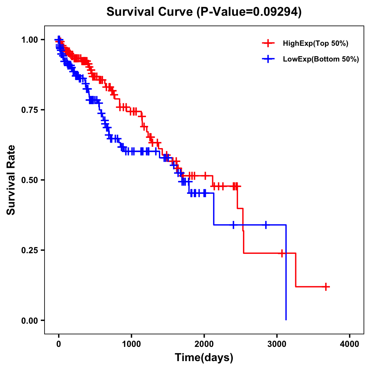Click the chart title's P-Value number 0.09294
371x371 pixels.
276,12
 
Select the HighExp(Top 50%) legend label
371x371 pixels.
316,44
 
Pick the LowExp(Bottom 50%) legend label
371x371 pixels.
321,59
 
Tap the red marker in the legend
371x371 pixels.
268,43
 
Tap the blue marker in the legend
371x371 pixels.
268,59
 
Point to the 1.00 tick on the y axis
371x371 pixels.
30,40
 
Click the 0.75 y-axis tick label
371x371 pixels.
30,110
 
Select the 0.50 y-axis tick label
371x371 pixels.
30,180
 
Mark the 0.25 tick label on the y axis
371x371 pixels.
30,250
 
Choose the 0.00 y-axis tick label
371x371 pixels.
30,320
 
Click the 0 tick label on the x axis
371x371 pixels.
59,344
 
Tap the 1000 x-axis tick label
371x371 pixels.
131,344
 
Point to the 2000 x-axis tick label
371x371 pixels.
204,344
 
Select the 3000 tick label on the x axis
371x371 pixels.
277,344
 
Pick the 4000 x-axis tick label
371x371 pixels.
350,344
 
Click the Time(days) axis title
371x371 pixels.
204,358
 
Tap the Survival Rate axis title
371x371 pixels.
11,180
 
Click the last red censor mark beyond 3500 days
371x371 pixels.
326,287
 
